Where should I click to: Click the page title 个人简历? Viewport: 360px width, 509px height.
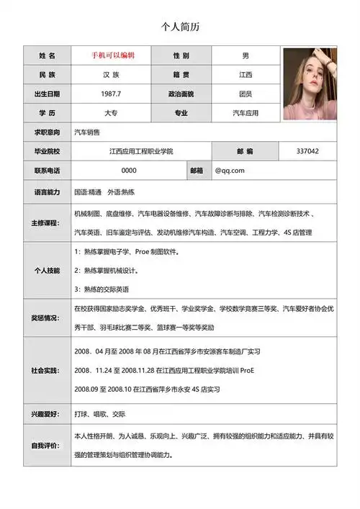tap(180, 27)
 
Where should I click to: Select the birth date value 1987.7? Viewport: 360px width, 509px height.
tap(111, 94)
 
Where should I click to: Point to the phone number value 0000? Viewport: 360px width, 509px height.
tap(129, 171)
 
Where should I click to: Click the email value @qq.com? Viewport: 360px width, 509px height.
tap(230, 171)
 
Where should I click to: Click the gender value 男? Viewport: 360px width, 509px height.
tap(246, 55)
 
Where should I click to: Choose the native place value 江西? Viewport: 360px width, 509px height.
tap(246, 75)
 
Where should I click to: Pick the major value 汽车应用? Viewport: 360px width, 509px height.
tap(246, 113)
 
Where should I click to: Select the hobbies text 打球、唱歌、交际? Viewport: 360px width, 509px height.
tap(100, 415)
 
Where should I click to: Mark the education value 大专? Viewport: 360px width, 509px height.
tap(111, 113)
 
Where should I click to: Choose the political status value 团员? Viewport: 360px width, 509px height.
tap(246, 94)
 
